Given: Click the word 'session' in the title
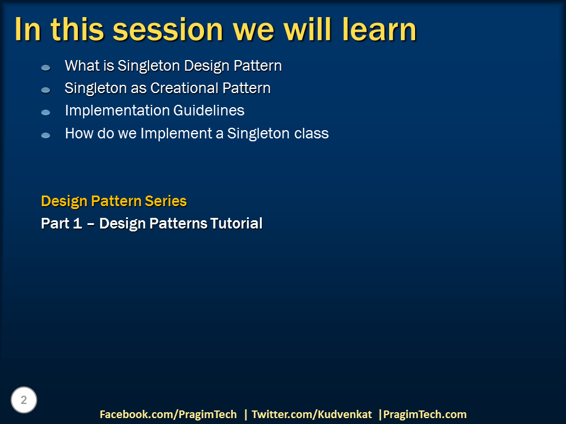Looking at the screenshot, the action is (x=168, y=30).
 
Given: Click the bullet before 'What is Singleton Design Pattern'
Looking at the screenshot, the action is (x=45, y=67).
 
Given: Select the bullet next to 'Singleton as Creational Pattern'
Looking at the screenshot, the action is (x=45, y=90).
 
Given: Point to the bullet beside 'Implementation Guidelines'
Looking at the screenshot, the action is (x=45, y=112).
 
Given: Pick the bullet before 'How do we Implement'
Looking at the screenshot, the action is (x=45, y=135).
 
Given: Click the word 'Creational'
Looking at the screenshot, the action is (x=185, y=88).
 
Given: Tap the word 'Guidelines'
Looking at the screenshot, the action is (x=209, y=110).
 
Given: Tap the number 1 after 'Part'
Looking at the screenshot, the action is (x=78, y=224).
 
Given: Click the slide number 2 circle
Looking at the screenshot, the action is (x=24, y=400).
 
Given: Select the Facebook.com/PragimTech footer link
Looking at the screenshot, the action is (x=168, y=414).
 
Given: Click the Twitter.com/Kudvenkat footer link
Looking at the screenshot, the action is (x=312, y=414).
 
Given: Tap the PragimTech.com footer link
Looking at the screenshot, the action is (x=425, y=414).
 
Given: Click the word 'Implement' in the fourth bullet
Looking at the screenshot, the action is (x=176, y=134).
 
